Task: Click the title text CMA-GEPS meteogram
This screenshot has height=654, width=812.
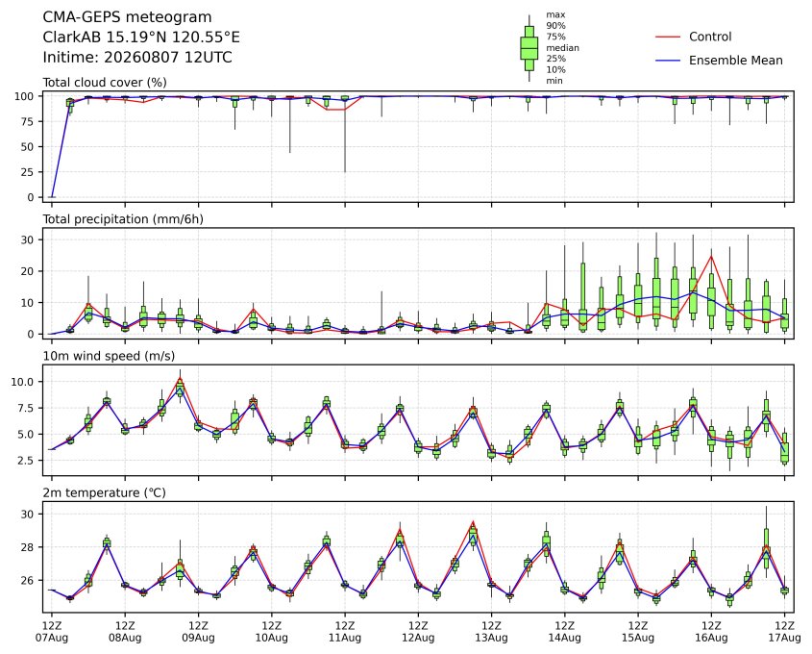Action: pyautogui.click(x=127, y=17)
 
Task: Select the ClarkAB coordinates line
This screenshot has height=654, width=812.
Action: pyautogui.click(x=141, y=38)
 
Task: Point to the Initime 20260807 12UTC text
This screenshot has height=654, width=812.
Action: pyautogui.click(x=137, y=57)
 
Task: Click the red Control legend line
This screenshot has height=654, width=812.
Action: pyautogui.click(x=668, y=37)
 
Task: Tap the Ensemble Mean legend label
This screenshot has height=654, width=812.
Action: pyautogui.click(x=736, y=61)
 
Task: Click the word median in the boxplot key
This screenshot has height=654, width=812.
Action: pyautogui.click(x=562, y=48)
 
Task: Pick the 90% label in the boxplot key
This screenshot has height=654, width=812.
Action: pyautogui.click(x=555, y=25)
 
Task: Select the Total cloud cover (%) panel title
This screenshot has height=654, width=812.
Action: pyautogui.click(x=105, y=83)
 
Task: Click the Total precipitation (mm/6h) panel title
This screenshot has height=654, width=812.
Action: pyautogui.click(x=123, y=219)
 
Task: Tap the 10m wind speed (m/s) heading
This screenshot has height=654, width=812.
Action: pyautogui.click(x=109, y=356)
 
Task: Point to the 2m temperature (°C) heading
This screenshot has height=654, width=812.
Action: pyautogui.click(x=104, y=492)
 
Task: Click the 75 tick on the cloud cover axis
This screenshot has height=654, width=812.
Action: pyautogui.click(x=27, y=122)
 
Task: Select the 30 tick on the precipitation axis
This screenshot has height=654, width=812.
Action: pyautogui.click(x=28, y=239)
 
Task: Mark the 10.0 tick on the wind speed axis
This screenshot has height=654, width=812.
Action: pyautogui.click(x=22, y=382)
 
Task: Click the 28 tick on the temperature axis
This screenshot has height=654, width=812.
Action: pyautogui.click(x=28, y=547)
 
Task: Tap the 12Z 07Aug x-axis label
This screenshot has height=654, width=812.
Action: pyautogui.click(x=51, y=632)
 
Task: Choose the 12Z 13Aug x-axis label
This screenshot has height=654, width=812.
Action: pyautogui.click(x=491, y=632)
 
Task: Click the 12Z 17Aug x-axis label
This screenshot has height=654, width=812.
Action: pyautogui.click(x=784, y=632)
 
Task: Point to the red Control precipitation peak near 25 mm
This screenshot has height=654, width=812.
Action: pyautogui.click(x=711, y=256)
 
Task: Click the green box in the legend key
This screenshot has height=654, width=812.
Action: pyautogui.click(x=529, y=48)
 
